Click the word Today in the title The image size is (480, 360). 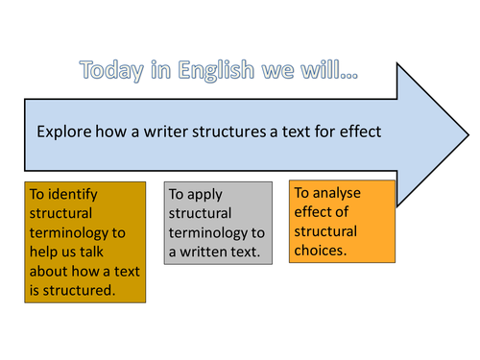click(113, 71)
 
